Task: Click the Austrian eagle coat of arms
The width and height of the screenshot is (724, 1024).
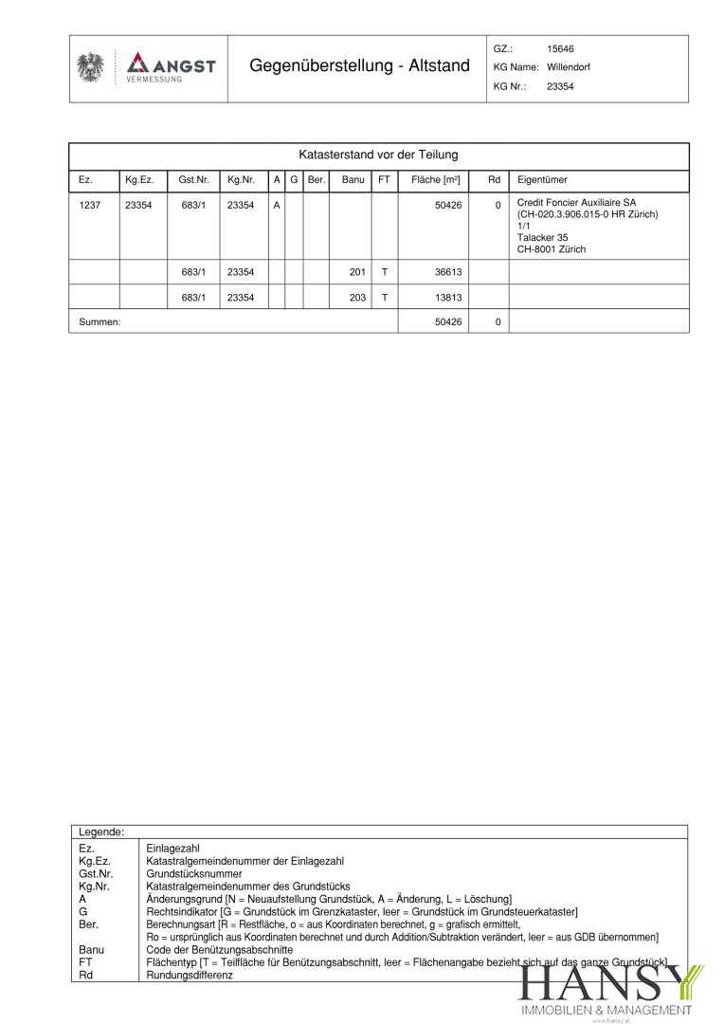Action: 91,68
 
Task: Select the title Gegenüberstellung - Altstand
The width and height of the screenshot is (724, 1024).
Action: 359,65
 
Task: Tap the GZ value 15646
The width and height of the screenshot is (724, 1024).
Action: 560,48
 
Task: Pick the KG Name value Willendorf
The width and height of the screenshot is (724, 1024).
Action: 569,67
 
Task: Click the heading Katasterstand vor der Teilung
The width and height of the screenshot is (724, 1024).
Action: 378,154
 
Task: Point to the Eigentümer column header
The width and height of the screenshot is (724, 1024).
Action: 542,179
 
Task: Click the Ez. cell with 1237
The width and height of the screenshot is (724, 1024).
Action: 89,205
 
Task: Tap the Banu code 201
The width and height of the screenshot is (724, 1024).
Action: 357,271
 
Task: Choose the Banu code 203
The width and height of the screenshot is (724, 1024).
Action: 357,297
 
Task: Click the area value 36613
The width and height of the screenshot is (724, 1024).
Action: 447,271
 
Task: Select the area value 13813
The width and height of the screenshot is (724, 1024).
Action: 447,297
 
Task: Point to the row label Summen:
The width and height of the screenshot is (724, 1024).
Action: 100,322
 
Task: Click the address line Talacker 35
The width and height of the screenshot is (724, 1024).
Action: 542,238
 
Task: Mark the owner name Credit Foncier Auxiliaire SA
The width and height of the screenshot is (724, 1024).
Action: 576,203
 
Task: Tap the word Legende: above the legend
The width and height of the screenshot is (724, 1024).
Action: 101,832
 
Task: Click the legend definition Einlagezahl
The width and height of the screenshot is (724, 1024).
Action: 172,849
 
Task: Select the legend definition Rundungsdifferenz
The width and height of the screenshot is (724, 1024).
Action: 190,975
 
